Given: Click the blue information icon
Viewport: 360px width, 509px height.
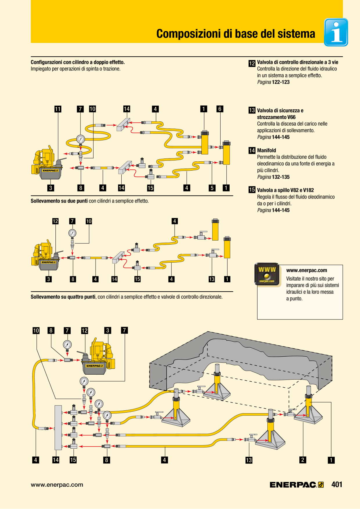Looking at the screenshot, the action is click(336, 32).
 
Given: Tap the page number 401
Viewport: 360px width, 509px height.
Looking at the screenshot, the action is click(337, 484).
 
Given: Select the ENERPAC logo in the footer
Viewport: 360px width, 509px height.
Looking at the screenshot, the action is click(297, 485).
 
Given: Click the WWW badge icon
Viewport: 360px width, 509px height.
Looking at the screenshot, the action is click(267, 274).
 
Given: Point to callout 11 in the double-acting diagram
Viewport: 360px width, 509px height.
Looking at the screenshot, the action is click(58, 109).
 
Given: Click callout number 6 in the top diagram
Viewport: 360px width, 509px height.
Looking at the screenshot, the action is click(220, 109).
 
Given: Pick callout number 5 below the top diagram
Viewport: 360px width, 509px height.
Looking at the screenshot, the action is click(212, 188).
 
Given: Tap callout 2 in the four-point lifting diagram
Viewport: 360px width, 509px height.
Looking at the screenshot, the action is click(303, 460).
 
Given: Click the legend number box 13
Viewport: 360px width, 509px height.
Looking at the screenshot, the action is click(252, 110).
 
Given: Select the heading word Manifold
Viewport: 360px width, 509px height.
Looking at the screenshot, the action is click(267, 150).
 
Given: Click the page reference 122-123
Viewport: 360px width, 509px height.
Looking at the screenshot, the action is click(281, 82).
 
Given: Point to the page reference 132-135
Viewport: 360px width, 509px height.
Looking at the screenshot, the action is click(281, 177).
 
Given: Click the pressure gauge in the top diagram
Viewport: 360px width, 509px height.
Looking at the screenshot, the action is click(80, 139).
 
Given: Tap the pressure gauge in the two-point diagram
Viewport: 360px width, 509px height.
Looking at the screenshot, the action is click(72, 233).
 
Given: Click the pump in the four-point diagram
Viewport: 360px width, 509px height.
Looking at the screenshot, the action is click(98, 356).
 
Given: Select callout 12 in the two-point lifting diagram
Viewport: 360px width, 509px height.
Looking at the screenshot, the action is click(55, 221).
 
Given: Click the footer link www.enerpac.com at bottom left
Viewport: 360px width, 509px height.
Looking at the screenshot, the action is click(57, 485).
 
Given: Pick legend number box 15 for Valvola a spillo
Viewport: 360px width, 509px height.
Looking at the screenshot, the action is click(252, 190).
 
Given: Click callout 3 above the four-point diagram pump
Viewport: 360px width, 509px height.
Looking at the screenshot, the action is click(108, 330).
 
